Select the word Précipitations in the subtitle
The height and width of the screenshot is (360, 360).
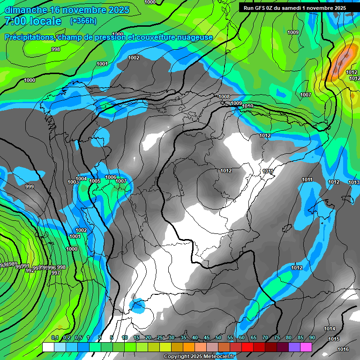click(x=29, y=37)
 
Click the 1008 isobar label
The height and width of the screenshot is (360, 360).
click(x=225, y=97)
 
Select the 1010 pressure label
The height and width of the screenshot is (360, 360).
click(x=247, y=106)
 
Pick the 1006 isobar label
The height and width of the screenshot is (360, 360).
click(x=111, y=177)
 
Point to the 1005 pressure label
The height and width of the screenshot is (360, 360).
click(x=95, y=181)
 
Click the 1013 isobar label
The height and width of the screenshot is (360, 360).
click(x=354, y=182)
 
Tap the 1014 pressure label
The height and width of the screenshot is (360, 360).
click(x=330, y=329)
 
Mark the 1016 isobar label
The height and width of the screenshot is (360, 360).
click(x=343, y=349)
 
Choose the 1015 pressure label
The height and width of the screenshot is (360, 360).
click(x=334, y=339)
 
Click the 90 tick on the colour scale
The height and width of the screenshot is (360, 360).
click(x=312, y=338)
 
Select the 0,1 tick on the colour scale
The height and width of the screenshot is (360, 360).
click(x=54, y=338)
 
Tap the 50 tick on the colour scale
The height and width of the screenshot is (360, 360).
click(x=218, y=338)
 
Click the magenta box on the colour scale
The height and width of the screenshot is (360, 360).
click(x=306, y=347)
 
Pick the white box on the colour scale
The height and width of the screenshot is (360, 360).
click(x=48, y=347)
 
